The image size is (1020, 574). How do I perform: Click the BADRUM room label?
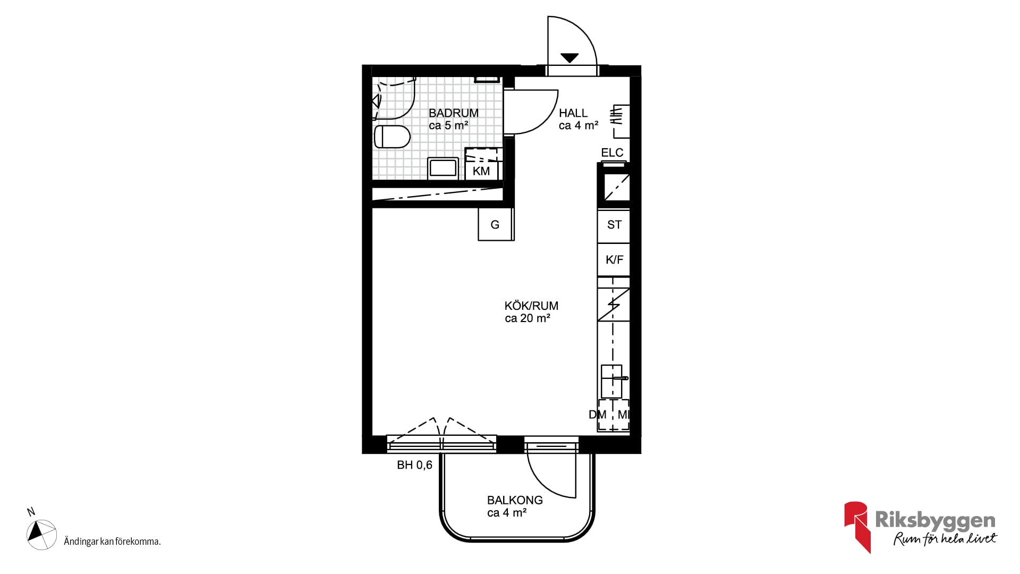click(454, 113)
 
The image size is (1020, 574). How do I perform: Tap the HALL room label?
click(573, 113)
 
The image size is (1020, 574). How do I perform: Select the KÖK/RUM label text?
click(531, 306)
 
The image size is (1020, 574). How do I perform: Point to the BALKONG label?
click(515, 500)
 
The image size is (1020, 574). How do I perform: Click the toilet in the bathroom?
click(392, 137)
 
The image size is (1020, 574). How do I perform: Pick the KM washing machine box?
click(481, 164)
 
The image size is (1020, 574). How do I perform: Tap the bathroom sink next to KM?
click(443, 168)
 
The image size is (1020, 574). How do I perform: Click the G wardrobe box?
click(496, 224)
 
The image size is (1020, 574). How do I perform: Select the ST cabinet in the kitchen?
click(614, 225)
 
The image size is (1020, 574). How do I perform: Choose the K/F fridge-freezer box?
click(614, 259)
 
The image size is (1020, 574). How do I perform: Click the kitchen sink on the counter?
click(612, 381)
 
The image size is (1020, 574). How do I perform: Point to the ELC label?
click(612, 153)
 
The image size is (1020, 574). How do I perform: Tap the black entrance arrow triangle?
click(569, 58)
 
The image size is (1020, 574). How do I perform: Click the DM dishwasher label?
click(597, 415)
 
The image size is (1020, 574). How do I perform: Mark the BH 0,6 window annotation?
click(414, 465)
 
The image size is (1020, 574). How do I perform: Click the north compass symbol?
click(41, 534)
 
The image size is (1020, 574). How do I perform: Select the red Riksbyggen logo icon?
click(856, 526)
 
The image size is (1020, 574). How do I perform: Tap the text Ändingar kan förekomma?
click(112, 542)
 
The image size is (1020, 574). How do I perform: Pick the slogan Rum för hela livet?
click(945, 538)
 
